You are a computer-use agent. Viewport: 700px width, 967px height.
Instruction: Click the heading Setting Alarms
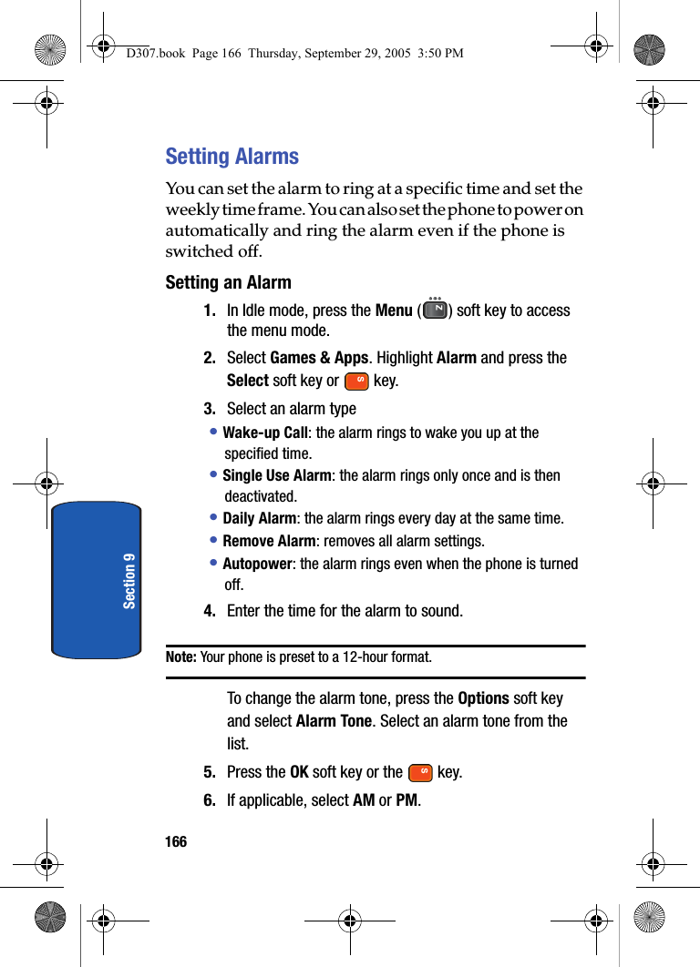(232, 157)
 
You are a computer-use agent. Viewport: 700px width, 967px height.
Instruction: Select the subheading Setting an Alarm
(228, 282)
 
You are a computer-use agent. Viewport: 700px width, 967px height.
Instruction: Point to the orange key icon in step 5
(420, 773)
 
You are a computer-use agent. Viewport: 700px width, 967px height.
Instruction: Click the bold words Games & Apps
(319, 358)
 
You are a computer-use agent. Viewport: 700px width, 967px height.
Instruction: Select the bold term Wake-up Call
(265, 433)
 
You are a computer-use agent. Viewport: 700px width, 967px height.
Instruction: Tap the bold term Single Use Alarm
(277, 475)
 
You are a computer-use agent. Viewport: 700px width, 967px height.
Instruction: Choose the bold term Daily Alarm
(260, 518)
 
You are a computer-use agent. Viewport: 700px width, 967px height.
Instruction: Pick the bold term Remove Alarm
(262, 541)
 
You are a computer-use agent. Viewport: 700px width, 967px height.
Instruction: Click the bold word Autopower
(257, 564)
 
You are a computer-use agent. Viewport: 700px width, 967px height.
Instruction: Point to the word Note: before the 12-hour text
(181, 657)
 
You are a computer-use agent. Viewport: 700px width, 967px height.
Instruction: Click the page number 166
(176, 842)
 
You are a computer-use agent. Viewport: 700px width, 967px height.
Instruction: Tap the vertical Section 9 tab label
(129, 580)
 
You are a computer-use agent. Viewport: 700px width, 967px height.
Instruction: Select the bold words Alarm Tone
(334, 721)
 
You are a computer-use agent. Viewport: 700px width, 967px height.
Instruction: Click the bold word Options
(483, 698)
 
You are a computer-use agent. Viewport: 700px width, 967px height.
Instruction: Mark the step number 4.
(210, 611)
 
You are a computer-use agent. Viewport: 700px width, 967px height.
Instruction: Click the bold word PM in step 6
(406, 800)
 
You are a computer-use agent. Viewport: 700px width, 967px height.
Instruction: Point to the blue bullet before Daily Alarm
(213, 518)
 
